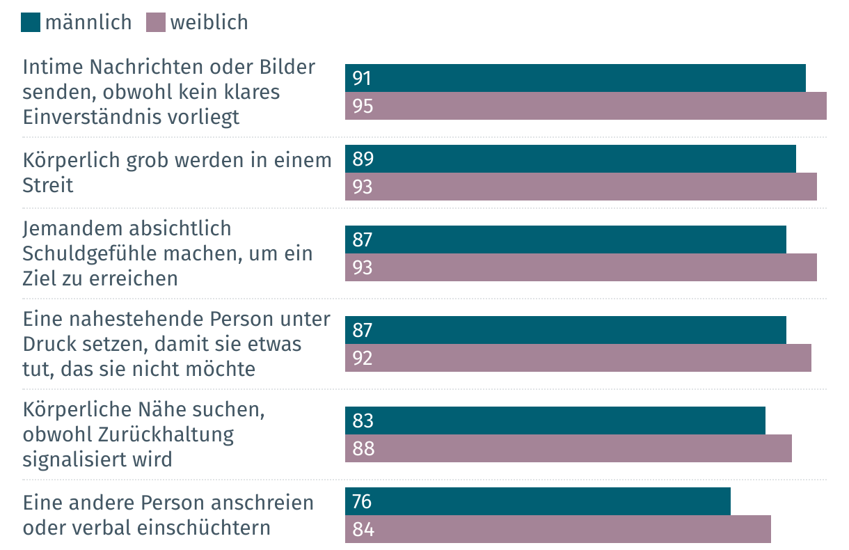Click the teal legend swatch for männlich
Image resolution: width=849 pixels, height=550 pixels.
click(31, 22)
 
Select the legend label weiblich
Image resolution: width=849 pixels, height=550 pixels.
click(209, 22)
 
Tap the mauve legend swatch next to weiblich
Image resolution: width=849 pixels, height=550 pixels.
click(156, 22)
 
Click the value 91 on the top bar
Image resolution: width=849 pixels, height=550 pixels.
click(362, 78)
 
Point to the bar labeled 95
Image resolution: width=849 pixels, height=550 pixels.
click(585, 107)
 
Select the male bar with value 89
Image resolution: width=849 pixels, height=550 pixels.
click(570, 159)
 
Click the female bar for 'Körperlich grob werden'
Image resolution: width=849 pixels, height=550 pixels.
click(580, 187)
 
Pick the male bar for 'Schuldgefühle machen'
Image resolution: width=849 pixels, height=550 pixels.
click(565, 240)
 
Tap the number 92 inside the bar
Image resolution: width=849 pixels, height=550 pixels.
click(363, 358)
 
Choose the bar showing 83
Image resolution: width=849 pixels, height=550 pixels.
click(555, 421)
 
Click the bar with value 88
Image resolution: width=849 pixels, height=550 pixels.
click(568, 448)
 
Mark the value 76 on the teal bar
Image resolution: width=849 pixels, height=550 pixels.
click(363, 501)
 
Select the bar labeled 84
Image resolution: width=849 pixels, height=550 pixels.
click(557, 529)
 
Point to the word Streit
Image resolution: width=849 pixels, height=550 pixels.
click(48, 186)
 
